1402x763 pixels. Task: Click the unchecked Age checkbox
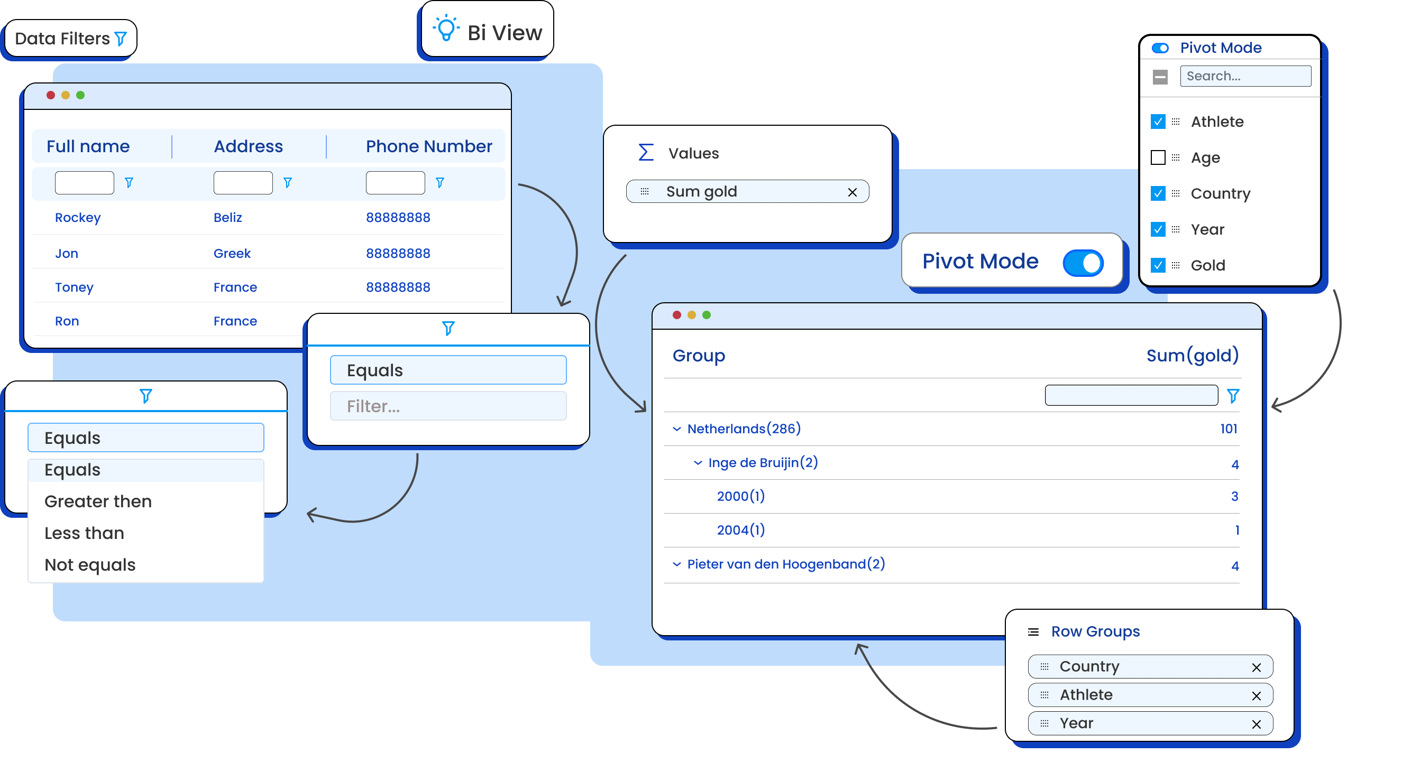pyautogui.click(x=1158, y=157)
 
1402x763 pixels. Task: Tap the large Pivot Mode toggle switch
pyautogui.click(x=1083, y=263)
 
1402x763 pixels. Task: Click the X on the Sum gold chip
pyautogui.click(x=853, y=192)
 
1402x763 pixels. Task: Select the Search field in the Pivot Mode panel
pyautogui.click(x=1245, y=76)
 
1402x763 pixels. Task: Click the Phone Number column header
pyautogui.click(x=429, y=146)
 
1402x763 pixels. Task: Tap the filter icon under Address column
pyautogui.click(x=288, y=183)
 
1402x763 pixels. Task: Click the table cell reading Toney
pyautogui.click(x=74, y=287)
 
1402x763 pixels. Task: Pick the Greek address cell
pyautogui.click(x=232, y=254)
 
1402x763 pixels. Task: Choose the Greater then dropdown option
pyautogui.click(x=98, y=501)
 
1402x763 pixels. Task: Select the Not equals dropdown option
pyautogui.click(x=90, y=565)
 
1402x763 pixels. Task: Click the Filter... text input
pyautogui.click(x=448, y=406)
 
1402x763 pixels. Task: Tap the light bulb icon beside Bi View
pyautogui.click(x=446, y=27)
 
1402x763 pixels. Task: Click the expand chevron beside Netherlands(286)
pyautogui.click(x=676, y=429)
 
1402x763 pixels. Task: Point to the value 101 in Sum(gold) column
pyautogui.click(x=1229, y=429)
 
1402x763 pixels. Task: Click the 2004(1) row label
pyautogui.click(x=741, y=530)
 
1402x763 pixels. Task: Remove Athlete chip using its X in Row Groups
pyautogui.click(x=1256, y=696)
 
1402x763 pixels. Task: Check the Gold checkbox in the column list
pyautogui.click(x=1158, y=265)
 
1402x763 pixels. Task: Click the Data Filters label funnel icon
pyautogui.click(x=121, y=39)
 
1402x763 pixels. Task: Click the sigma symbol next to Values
pyautogui.click(x=646, y=153)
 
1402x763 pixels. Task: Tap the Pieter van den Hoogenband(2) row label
pyautogui.click(x=786, y=564)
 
